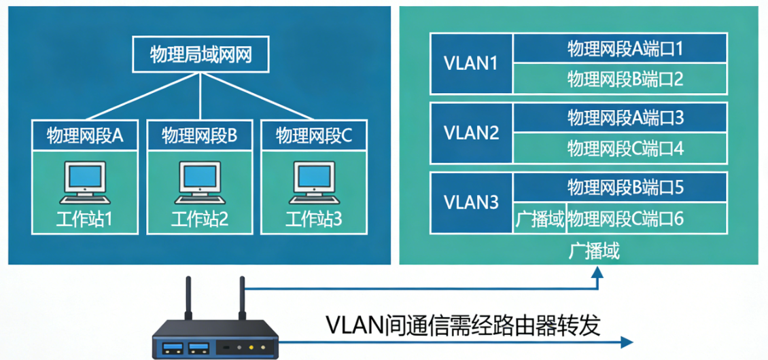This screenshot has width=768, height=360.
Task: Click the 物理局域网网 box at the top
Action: pyautogui.click(x=199, y=55)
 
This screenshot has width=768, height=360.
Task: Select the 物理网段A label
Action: pyautogui.click(x=84, y=136)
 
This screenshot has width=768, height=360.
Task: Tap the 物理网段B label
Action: pyautogui.click(x=199, y=136)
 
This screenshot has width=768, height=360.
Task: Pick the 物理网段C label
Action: pyautogui.click(x=314, y=136)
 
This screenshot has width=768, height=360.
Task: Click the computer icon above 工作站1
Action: pyautogui.click(x=84, y=182)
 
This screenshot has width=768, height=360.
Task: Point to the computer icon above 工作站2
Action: pyautogui.click(x=199, y=182)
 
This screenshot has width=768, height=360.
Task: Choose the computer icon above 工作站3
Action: pyautogui.click(x=314, y=182)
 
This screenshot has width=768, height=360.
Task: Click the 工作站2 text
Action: pyautogui.click(x=199, y=219)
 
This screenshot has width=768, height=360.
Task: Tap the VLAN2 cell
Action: pyautogui.click(x=470, y=132)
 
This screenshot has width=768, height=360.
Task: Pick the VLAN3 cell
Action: pyautogui.click(x=470, y=202)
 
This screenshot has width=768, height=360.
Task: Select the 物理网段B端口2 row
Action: pyautogui.click(x=620, y=79)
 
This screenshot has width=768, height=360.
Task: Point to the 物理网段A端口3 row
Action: pyautogui.click(x=620, y=118)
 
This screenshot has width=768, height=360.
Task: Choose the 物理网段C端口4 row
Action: pyautogui.click(x=620, y=148)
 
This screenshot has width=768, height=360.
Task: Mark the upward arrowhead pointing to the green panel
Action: pyautogui.click(x=597, y=273)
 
